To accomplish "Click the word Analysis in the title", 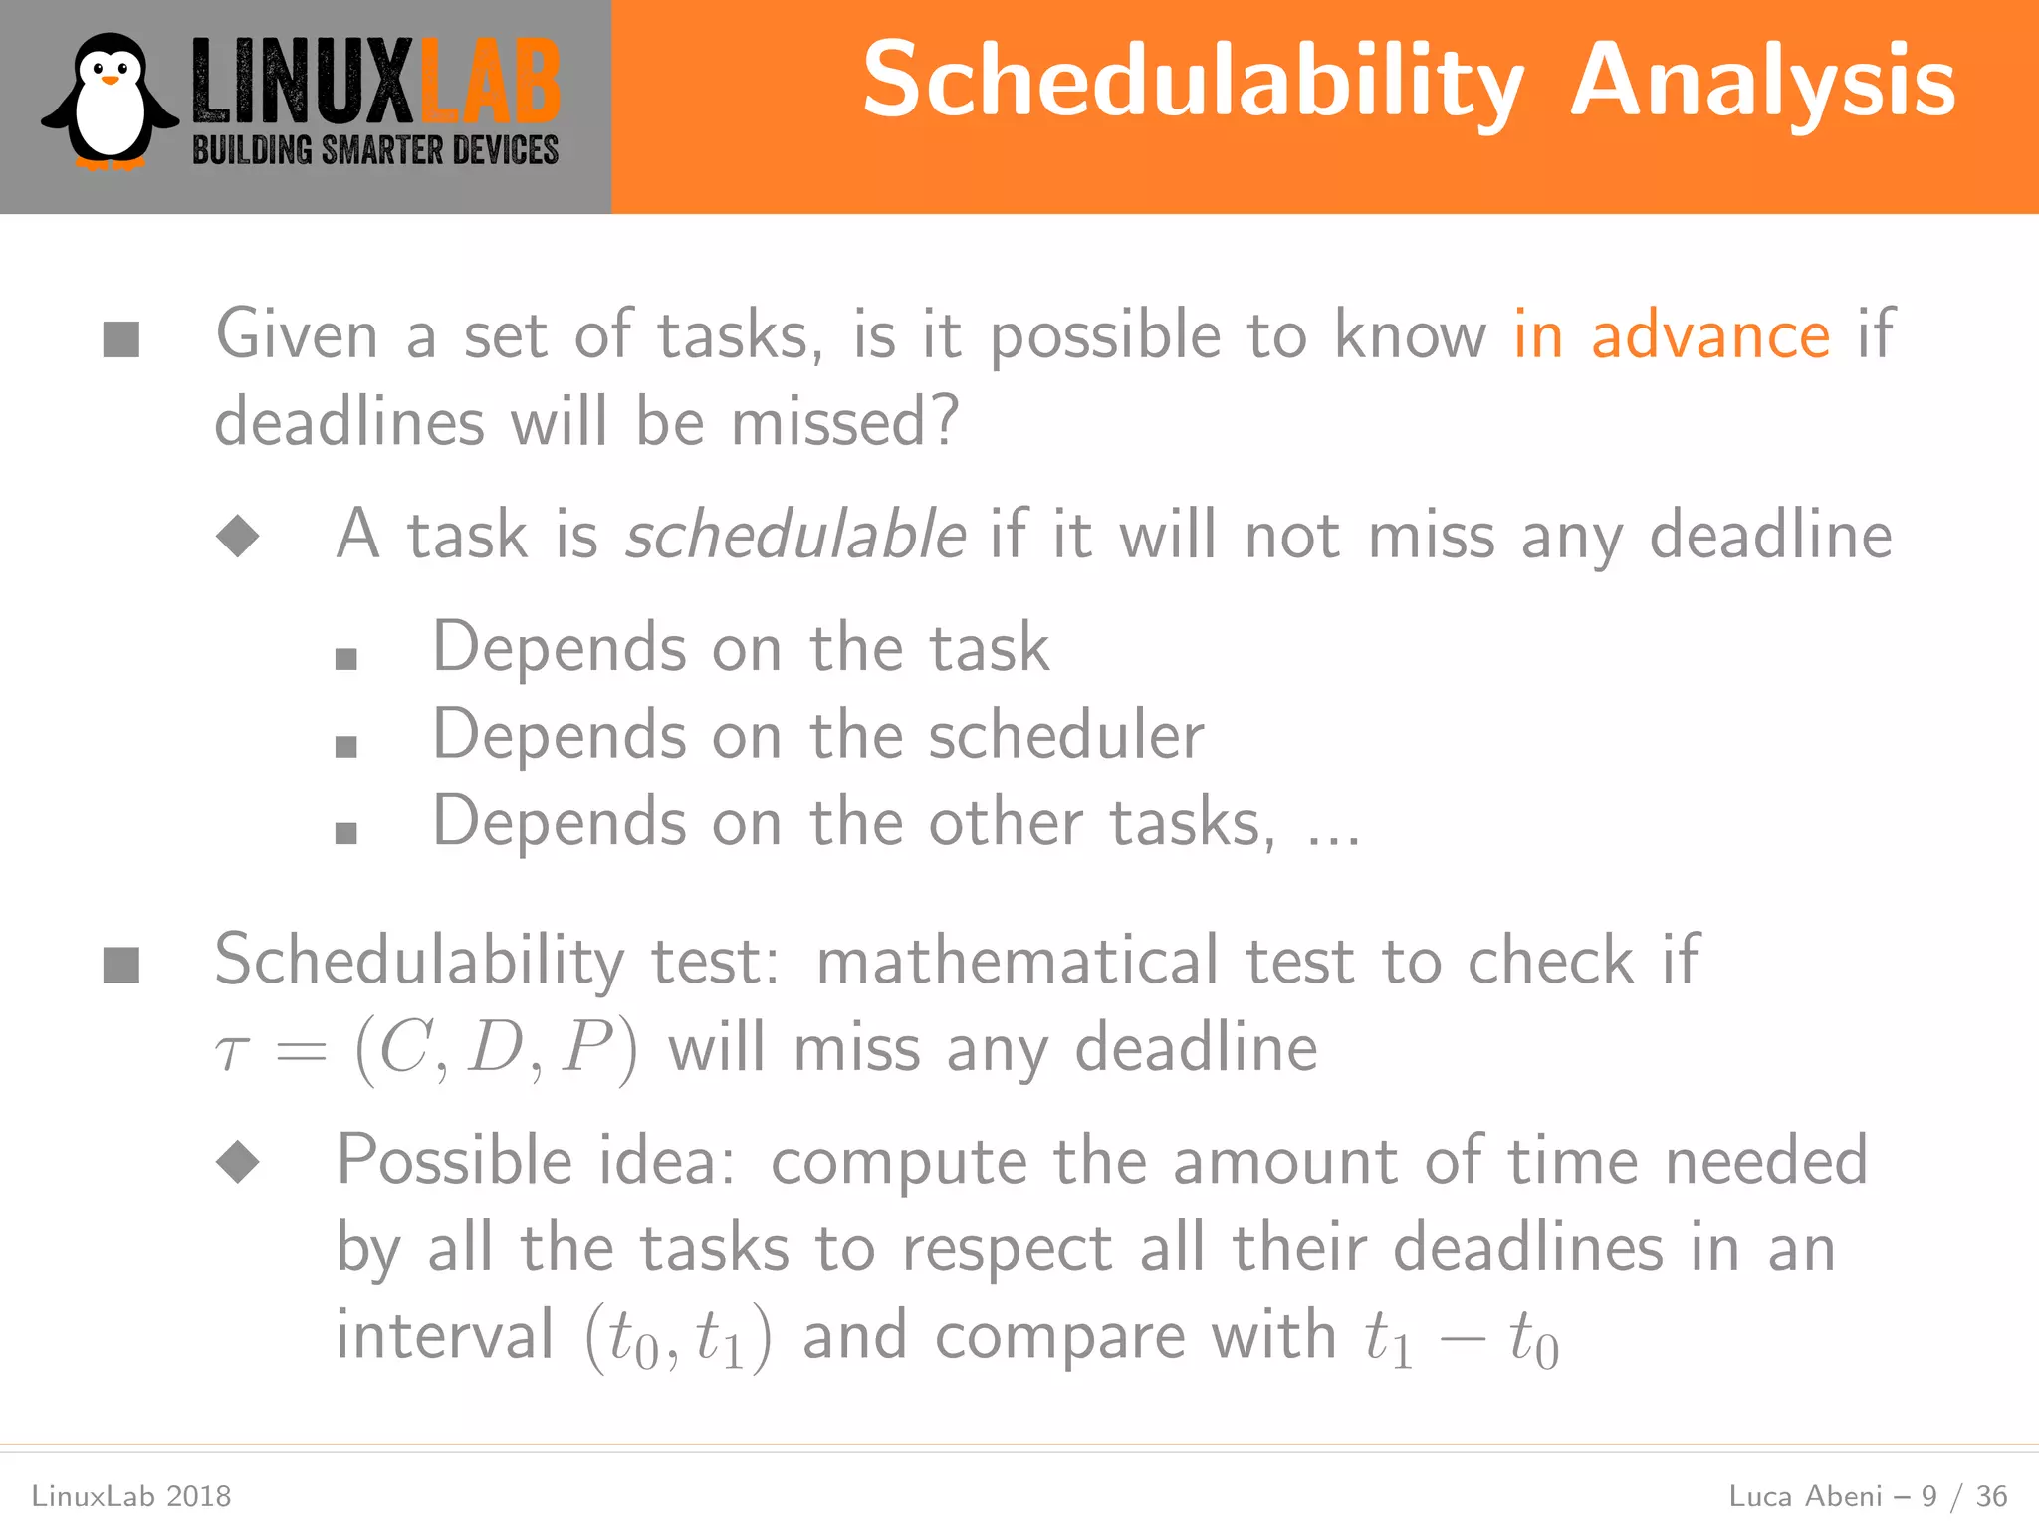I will [1762, 82].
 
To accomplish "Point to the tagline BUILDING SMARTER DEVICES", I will [375, 151].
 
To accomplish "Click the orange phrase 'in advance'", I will [1672, 335].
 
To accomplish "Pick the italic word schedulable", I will [794, 536].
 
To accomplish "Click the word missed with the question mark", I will [845, 422].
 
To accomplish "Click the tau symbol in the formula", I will [232, 1051].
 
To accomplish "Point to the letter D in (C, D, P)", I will [495, 1048].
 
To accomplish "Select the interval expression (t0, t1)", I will [678, 1338].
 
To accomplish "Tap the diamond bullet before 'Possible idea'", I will [238, 1161].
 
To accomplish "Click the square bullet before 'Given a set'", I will [121, 338].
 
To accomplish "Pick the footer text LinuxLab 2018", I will [131, 1496].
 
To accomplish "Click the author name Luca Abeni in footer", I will [1805, 1496].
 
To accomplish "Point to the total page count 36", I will [1991, 1496].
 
